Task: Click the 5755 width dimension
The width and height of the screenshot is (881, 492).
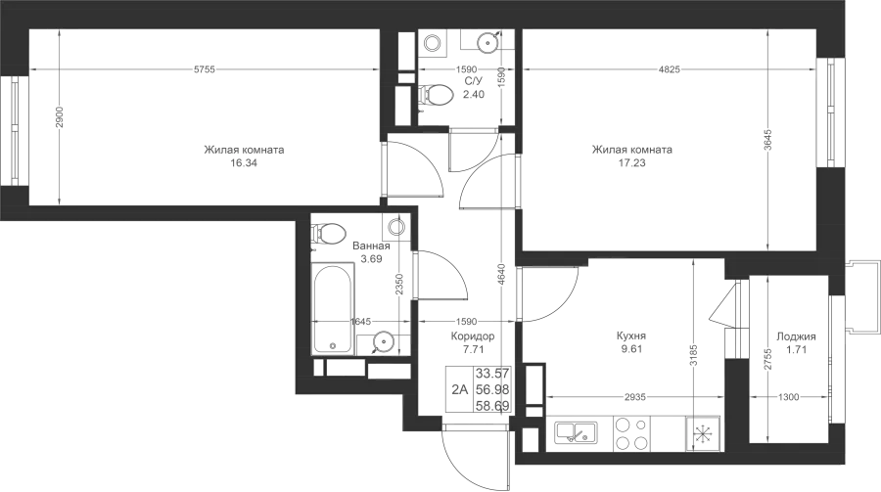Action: point(205,69)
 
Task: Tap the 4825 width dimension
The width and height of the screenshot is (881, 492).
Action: point(670,69)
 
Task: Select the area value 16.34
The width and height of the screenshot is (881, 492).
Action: point(244,163)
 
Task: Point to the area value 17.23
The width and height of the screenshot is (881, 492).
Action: point(632,163)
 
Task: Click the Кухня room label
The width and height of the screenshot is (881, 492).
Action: point(631,335)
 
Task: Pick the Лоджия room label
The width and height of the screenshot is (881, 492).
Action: point(796,337)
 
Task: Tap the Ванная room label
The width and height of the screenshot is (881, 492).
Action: point(371,246)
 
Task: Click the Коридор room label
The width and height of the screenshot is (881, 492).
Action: point(473,336)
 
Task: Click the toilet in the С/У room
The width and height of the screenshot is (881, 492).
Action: point(436,95)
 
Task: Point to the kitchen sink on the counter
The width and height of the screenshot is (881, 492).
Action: point(576,433)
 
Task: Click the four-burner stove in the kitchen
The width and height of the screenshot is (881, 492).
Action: point(632,433)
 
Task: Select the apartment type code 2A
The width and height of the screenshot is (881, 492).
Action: point(460,389)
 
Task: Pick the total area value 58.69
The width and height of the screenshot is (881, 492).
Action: point(492,406)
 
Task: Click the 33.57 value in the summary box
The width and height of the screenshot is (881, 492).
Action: point(492,373)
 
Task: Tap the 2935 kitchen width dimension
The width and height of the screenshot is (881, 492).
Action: point(635,397)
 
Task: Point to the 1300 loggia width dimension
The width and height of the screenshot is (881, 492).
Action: point(788,397)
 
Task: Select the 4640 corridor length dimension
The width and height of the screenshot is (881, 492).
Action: point(502,275)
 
